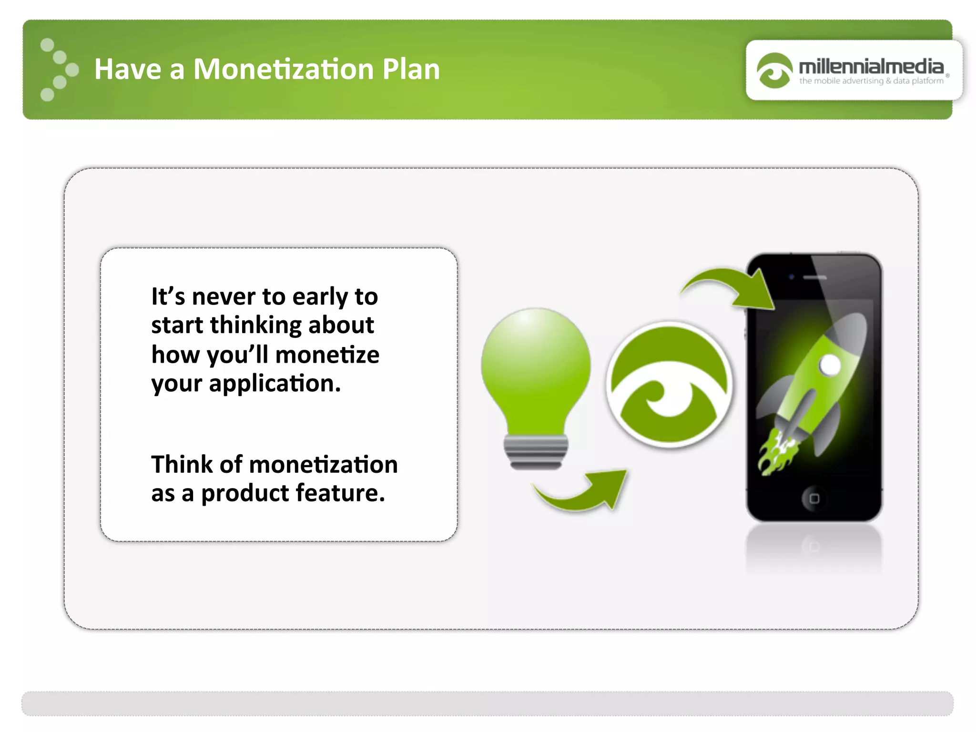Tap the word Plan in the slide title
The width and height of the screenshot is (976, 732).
[x=411, y=69]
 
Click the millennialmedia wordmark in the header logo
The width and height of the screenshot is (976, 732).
[x=871, y=66]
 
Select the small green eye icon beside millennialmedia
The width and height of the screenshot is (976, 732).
[x=774, y=71]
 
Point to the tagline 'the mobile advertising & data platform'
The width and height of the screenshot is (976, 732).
[x=871, y=81]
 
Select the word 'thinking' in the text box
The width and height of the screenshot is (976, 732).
[x=255, y=325]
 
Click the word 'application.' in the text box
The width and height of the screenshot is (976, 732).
[x=275, y=384]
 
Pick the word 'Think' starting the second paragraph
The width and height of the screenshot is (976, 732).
[x=182, y=464]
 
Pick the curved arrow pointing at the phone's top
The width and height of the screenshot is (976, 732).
[x=729, y=286]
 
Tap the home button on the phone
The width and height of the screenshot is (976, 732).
[x=814, y=498]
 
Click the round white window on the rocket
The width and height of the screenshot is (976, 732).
[x=830, y=366]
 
